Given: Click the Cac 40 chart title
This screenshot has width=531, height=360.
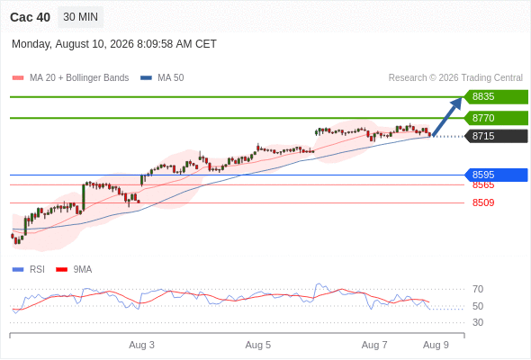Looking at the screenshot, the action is pos(30,17).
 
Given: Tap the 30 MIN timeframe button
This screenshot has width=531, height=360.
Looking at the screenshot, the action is pos(81,17).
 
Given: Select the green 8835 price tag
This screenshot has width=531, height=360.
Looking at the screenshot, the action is pos(496,97).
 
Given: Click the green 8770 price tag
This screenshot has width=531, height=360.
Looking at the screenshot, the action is pos(496,118).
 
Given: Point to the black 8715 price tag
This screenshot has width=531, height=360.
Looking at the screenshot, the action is pos(496,136).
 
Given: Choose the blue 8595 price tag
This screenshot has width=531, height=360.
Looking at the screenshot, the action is pos(496,175).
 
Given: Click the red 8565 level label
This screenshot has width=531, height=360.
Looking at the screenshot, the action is pos(483,185).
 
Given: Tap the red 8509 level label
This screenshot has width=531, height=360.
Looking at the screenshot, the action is pos(483,202).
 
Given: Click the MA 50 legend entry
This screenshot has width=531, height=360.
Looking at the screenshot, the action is pos(162,78).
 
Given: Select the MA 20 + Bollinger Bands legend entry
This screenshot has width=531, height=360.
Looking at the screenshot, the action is pos(70,78).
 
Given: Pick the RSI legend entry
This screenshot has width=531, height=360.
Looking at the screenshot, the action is pos(29,270).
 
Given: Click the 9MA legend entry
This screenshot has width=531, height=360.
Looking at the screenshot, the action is pos(74,270).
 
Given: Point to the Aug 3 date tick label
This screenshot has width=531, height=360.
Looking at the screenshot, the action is pos(141,345).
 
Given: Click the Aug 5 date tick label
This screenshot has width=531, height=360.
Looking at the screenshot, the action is pos(258,345).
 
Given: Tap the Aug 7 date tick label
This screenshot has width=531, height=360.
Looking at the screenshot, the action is pos(374,345).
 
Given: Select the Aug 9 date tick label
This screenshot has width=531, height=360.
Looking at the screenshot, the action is pos(436,345).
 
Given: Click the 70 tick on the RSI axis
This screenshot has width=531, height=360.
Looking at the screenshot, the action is pos(478,289).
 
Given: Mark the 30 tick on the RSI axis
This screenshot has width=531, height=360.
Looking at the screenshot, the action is pos(478,322).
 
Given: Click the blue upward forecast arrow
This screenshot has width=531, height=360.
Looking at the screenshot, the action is pos(447,117).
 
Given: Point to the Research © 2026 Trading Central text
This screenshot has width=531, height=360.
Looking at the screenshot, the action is pos(455,78).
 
